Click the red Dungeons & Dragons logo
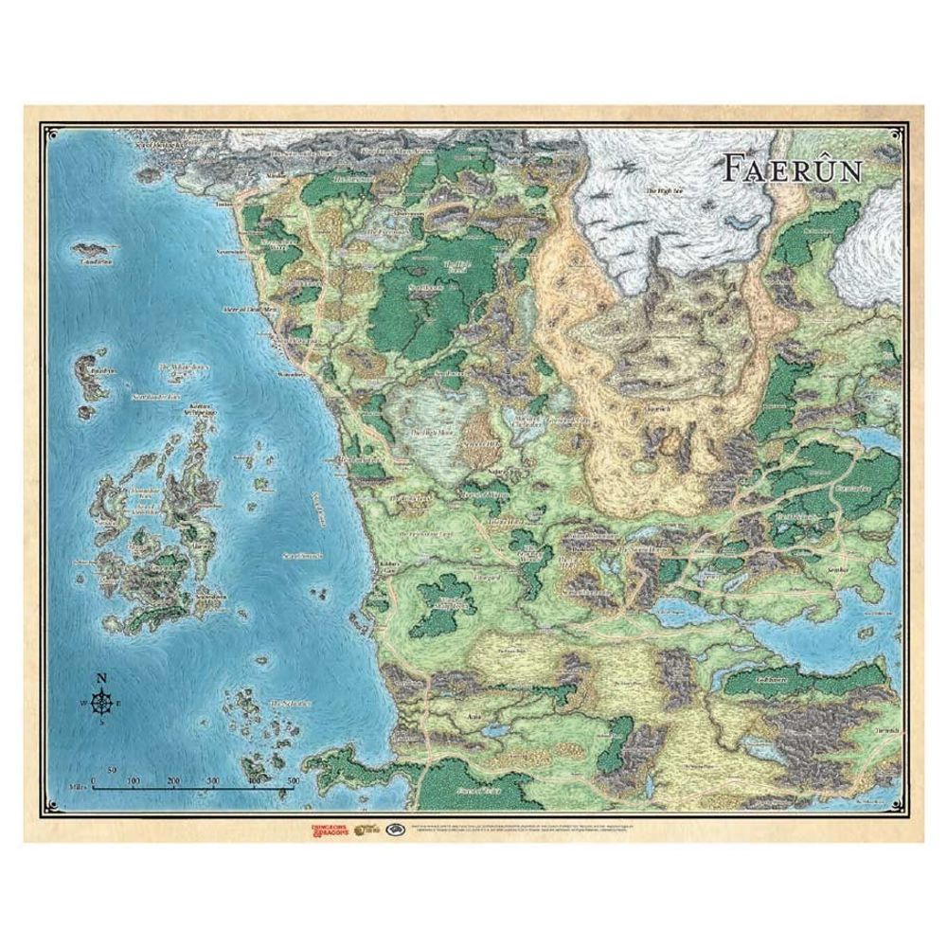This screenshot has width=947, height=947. [326, 831]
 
